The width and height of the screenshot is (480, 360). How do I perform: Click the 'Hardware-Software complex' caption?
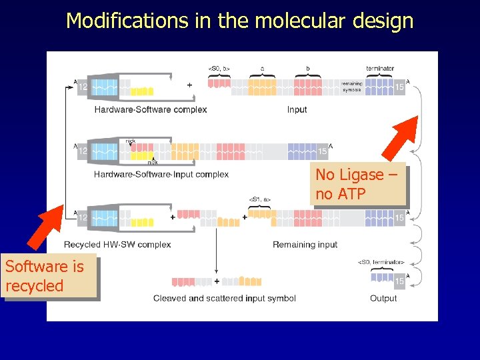[x=150, y=109]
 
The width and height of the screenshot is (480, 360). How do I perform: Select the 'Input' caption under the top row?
[x=297, y=109]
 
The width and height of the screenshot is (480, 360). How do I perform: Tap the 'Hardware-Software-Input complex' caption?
[x=161, y=175]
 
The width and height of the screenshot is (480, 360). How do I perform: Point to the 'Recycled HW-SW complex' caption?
[x=117, y=245]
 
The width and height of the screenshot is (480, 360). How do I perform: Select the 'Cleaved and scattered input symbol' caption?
[x=224, y=298]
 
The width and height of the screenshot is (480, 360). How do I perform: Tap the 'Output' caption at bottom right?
[x=383, y=298]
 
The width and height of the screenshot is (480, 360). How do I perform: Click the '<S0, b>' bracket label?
[x=219, y=68]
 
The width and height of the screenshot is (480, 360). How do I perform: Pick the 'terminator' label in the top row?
[x=380, y=68]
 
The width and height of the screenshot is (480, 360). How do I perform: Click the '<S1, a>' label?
[x=260, y=199]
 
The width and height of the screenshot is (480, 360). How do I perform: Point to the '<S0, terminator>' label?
[x=381, y=262]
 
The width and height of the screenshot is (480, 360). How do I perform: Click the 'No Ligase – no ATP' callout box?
[x=358, y=185]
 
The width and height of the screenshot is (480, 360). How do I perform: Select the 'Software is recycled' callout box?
[x=50, y=277]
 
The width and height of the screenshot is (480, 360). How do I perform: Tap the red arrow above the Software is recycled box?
[x=51, y=230]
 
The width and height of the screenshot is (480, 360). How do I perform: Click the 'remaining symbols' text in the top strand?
[x=351, y=86]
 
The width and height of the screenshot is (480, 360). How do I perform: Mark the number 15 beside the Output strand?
[x=399, y=281]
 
